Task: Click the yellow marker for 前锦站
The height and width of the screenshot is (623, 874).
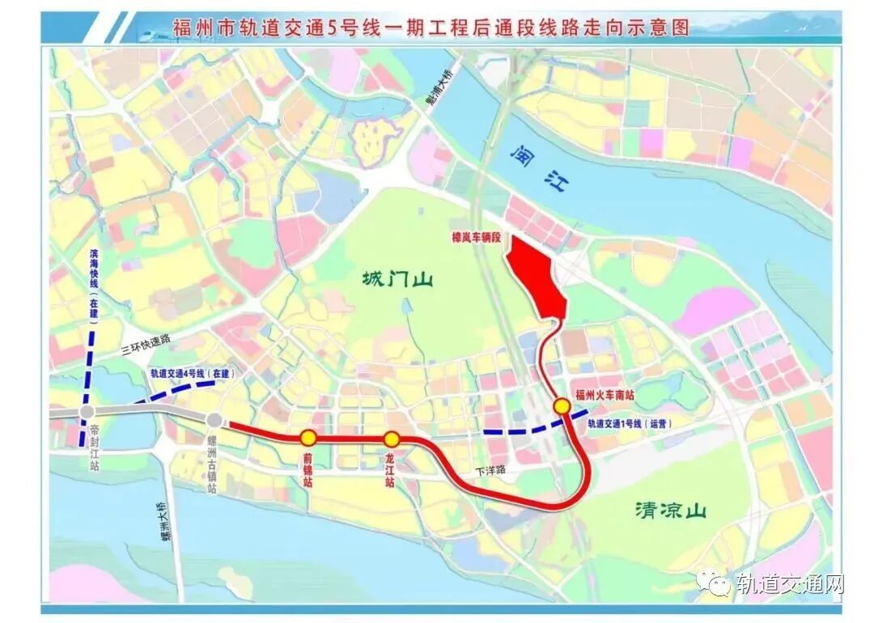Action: [x=308, y=438]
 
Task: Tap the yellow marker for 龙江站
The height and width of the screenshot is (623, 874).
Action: [x=392, y=439]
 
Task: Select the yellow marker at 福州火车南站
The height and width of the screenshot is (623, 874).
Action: [x=561, y=405]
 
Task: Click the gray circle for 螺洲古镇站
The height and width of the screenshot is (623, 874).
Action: [x=214, y=421]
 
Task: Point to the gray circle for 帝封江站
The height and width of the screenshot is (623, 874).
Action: [x=87, y=413]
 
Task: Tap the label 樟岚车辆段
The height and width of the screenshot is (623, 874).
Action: [x=477, y=239]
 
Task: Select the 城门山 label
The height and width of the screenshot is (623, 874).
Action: [x=397, y=281]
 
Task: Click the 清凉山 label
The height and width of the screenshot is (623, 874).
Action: [x=671, y=511]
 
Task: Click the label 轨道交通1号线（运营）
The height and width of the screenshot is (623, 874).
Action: [x=630, y=423]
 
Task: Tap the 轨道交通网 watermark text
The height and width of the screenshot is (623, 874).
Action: [x=789, y=584]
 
